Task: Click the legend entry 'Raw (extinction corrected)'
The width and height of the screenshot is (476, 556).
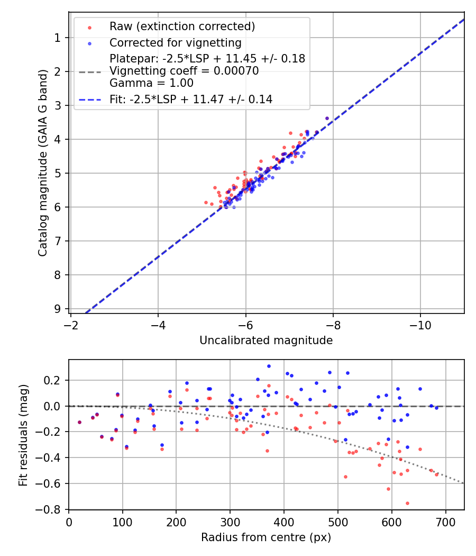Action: pyautogui.click(x=182, y=26)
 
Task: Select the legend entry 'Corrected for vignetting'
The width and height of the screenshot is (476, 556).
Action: pyautogui.click(x=175, y=43)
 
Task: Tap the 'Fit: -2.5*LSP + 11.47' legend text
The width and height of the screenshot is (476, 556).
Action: pyautogui.click(x=191, y=99)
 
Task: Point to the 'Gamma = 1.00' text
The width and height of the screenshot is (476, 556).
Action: pyautogui.click(x=151, y=83)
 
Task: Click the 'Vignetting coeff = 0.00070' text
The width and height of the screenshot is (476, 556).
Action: pyautogui.click(x=184, y=71)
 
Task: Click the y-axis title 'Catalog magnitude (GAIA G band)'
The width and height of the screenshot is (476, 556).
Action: pyautogui.click(x=43, y=163)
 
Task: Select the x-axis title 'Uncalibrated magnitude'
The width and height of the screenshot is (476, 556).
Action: pyautogui.click(x=266, y=340)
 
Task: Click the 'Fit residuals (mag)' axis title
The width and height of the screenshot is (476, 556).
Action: pyautogui.click(x=23, y=435)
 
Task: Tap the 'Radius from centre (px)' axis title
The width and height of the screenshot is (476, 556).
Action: pyautogui.click(x=266, y=537)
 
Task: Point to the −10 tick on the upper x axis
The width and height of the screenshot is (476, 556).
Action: pyautogui.click(x=420, y=322)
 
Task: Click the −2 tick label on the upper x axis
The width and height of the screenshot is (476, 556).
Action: pyautogui.click(x=71, y=322)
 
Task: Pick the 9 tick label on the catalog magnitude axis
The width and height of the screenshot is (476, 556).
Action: pyautogui.click(x=57, y=309)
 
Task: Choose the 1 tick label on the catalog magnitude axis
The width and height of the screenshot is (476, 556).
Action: pyautogui.click(x=57, y=38)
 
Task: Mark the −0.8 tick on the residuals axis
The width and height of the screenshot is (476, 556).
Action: pyautogui.click(x=53, y=509)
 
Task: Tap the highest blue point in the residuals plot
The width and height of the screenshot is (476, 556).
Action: pyautogui.click(x=269, y=366)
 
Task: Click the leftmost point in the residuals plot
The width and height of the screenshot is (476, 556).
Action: pyautogui.click(x=79, y=422)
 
